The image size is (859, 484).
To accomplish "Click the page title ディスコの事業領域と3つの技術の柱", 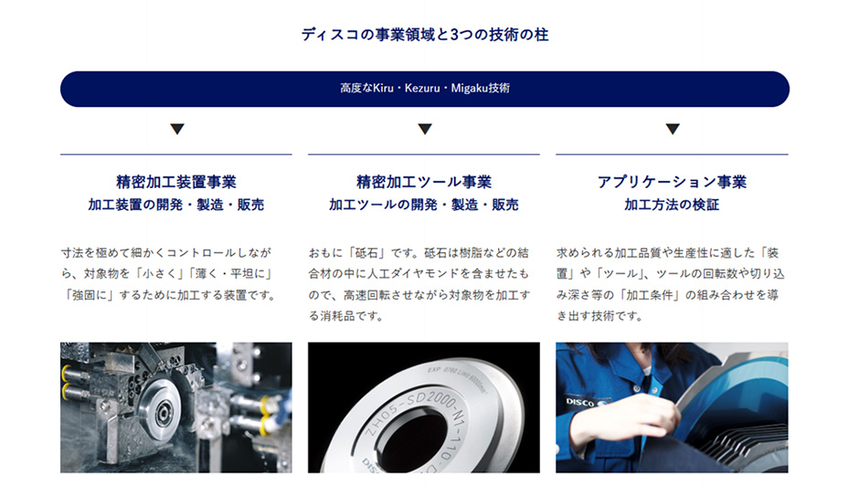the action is coord(425,35).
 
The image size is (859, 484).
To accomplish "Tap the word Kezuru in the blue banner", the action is coord(422,89).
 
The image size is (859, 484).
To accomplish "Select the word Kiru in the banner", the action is coord(383,89).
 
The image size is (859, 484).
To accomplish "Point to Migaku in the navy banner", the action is coord(469,89).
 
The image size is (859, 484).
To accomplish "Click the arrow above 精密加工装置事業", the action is coord(177,129).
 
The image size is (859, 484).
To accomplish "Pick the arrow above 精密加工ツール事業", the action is coord(425,129).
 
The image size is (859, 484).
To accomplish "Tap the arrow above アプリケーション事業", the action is coord(673,129).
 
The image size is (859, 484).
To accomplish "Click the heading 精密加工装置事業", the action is coord(176,182).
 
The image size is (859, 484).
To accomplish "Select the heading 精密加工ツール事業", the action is coord(424,182).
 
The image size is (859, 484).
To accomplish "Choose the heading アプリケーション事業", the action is coord(673,182).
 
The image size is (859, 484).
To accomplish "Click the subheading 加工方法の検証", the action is coord(672,205).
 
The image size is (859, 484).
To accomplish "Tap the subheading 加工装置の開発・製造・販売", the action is coord(176,205).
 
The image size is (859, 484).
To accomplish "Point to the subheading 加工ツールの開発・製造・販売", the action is coord(424,205).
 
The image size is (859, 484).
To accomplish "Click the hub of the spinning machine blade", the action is coord(163,409).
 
